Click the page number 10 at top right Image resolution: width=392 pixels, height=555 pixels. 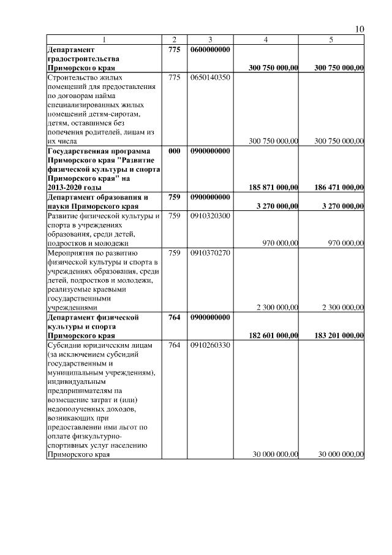[x=360, y=29]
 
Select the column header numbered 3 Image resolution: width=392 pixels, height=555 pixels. [x=209, y=40]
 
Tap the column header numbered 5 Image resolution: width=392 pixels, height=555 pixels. [x=331, y=40]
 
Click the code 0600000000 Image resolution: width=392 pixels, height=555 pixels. [x=210, y=49]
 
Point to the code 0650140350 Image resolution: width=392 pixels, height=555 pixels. [x=210, y=78]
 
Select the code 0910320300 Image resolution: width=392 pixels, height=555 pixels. [x=210, y=216]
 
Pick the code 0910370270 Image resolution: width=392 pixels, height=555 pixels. [x=210, y=253]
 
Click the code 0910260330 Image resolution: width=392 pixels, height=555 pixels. [x=210, y=345]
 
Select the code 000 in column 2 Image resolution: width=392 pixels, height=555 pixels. [x=174, y=151]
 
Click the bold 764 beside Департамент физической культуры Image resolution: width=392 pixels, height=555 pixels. [x=174, y=317]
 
